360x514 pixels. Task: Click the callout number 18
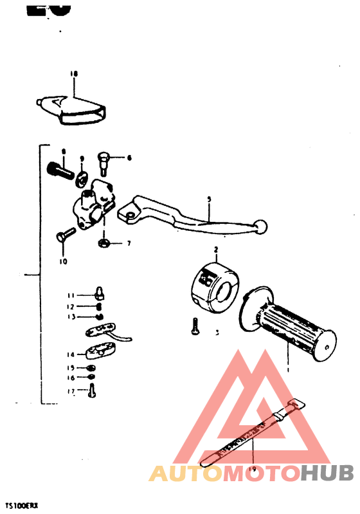point(73,75)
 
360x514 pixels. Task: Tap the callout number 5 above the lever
point(208,199)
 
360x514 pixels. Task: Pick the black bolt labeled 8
point(57,171)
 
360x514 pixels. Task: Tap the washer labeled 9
point(82,177)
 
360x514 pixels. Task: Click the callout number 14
point(70,354)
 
